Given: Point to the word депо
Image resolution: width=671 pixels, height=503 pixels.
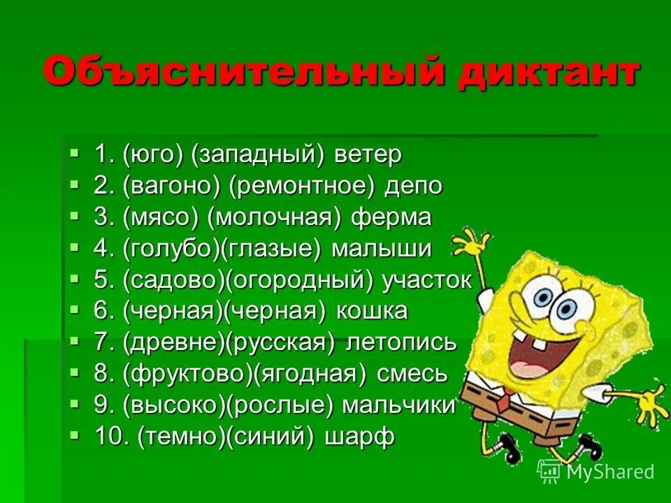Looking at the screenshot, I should pyautogui.click(x=417, y=186).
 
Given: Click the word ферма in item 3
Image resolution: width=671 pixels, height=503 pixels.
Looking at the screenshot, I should pyautogui.click(x=391, y=217).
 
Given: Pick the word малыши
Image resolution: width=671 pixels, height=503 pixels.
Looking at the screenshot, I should pyautogui.click(x=382, y=249).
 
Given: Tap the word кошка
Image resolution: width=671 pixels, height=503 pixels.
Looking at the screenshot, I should pyautogui.click(x=373, y=312).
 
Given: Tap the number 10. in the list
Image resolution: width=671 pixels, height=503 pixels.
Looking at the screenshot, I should pyautogui.click(x=111, y=437).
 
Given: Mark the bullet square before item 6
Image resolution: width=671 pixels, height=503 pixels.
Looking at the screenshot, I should pyautogui.click(x=75, y=309).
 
